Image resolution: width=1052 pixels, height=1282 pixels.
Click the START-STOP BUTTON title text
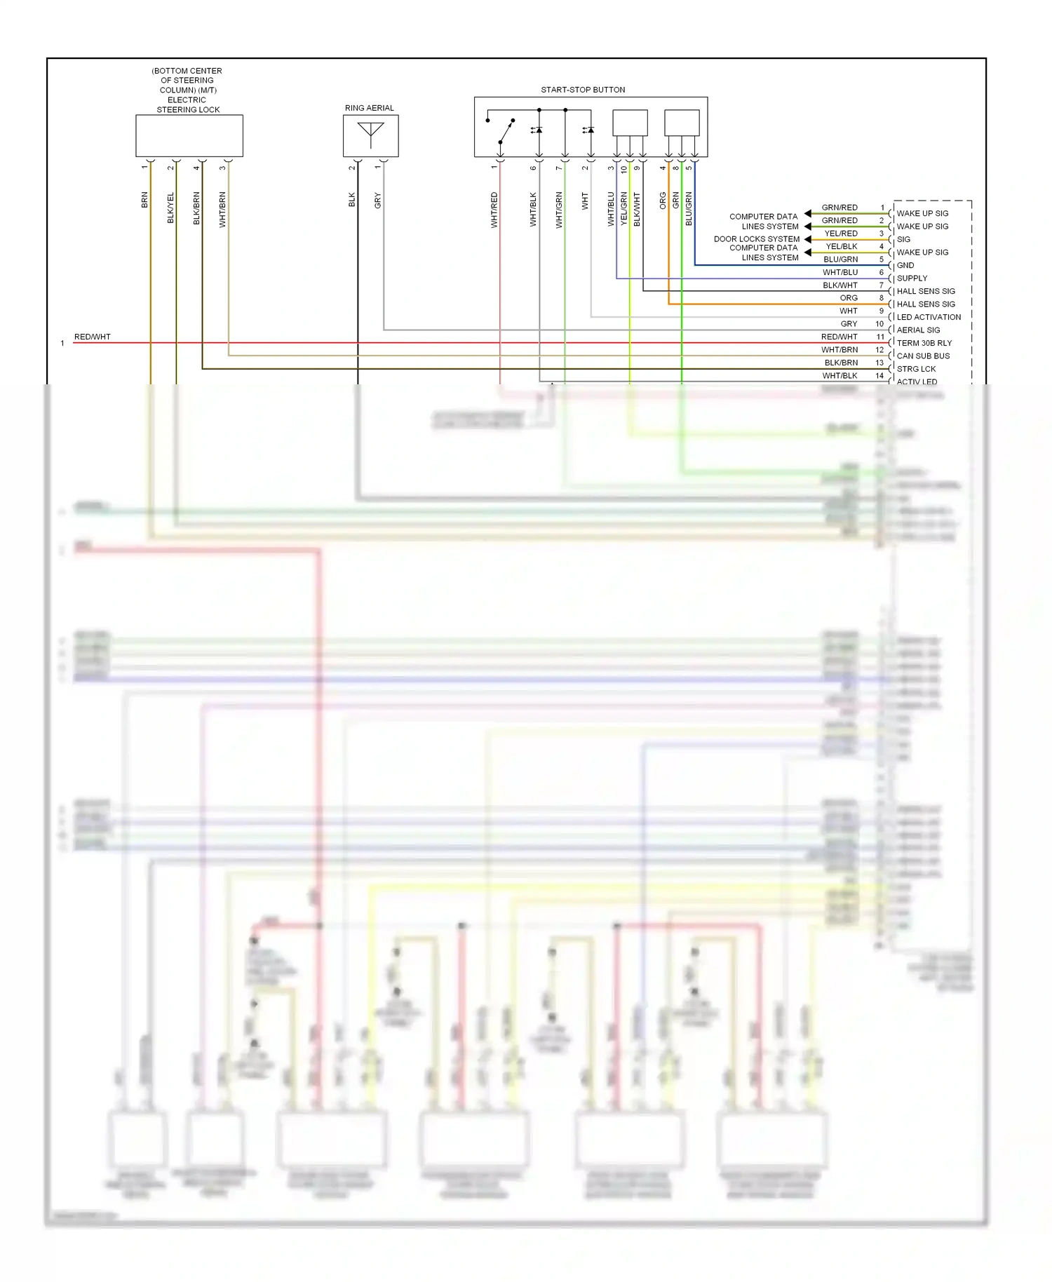583,90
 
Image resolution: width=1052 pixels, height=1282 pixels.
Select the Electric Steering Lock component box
189,136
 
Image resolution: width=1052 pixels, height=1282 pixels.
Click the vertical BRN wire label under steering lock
145,200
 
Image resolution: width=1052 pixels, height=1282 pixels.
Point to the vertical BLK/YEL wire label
170,208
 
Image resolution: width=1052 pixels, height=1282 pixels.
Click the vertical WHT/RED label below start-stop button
494,210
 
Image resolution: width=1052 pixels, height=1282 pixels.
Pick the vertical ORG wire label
663,201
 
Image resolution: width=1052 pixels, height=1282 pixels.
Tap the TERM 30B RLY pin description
924,343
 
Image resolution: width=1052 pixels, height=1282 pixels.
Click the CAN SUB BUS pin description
923,356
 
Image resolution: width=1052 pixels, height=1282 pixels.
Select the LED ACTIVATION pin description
929,317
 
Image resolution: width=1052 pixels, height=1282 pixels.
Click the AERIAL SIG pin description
918,330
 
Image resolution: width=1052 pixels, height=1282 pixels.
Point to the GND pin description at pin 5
905,265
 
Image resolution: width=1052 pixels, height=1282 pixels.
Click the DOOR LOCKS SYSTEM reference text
756,239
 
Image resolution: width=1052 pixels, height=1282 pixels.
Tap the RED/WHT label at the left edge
93,337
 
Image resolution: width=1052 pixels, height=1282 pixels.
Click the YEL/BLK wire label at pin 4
841,246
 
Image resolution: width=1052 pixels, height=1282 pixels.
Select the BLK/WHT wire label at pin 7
839,285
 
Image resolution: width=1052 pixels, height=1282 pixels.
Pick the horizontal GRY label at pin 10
849,324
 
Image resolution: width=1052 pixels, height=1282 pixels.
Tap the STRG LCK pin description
916,369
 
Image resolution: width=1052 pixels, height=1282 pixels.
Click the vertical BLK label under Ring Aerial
352,200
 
